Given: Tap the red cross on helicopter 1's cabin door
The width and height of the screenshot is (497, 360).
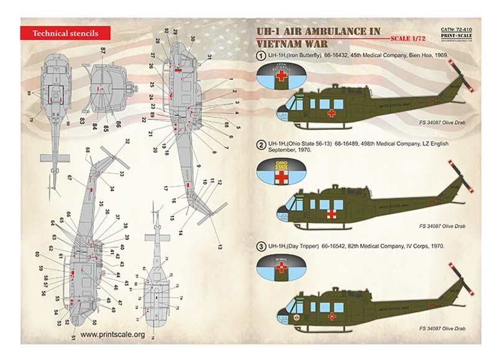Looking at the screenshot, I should point(332,114).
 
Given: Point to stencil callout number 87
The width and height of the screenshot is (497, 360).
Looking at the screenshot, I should point(103,49).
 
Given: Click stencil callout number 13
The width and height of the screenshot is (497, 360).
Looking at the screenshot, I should point(219,247).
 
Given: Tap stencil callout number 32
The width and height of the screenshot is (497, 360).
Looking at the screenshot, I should point(127,142).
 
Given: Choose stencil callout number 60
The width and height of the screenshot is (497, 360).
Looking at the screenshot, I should point(37,254).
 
